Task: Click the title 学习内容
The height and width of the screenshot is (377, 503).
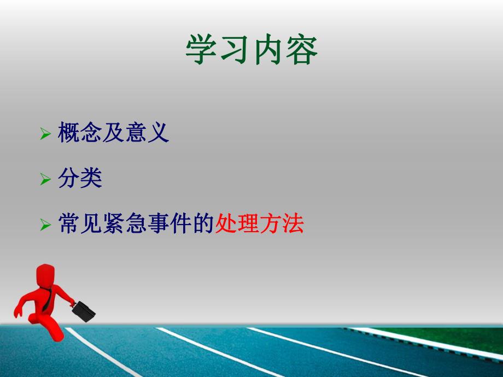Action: pos(251,51)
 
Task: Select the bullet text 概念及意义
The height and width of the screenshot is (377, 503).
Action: pos(114,133)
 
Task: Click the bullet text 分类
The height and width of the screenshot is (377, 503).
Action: pos(80,179)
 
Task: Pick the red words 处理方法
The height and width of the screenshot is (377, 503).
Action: pos(259,224)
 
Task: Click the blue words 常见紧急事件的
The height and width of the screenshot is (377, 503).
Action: pos(136,224)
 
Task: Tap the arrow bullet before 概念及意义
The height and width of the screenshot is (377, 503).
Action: pos(45,134)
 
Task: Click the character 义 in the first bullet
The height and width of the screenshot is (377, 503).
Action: pos(159,133)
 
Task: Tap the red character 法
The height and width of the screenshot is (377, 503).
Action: pos(293,224)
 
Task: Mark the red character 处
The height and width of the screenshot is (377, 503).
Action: pos(226,224)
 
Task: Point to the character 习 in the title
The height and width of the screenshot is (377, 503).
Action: pos(235,51)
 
